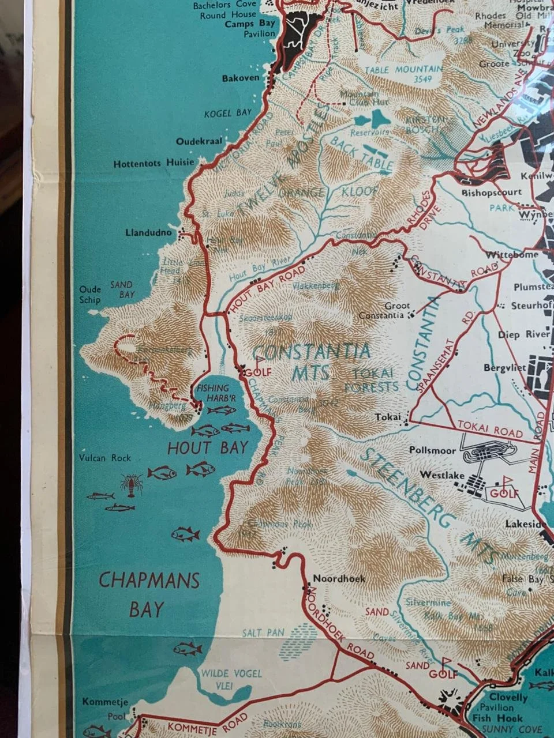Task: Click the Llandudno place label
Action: pyautogui.click(x=148, y=233)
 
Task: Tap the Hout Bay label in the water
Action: pyautogui.click(x=207, y=447)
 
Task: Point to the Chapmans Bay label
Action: pyautogui.click(x=149, y=594)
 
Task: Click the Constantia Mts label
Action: pyautogui.click(x=311, y=362)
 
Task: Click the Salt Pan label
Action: pyautogui.click(x=263, y=632)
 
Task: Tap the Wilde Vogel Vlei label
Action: pyautogui.click(x=231, y=679)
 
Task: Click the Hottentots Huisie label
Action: pyautogui.click(x=154, y=163)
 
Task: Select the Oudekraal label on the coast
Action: pyautogui.click(x=200, y=141)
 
